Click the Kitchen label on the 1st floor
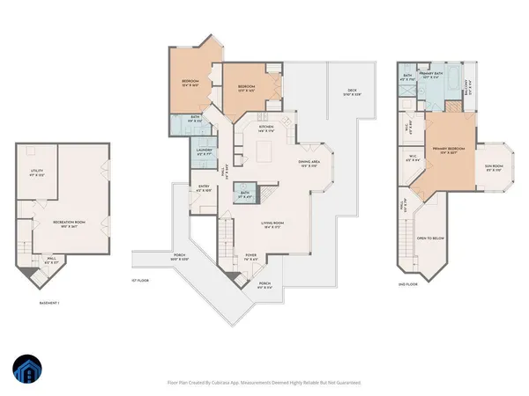[265, 128]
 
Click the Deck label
[351, 92]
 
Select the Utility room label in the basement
[37, 172]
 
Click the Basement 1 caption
[48, 302]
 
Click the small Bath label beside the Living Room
[244, 196]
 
